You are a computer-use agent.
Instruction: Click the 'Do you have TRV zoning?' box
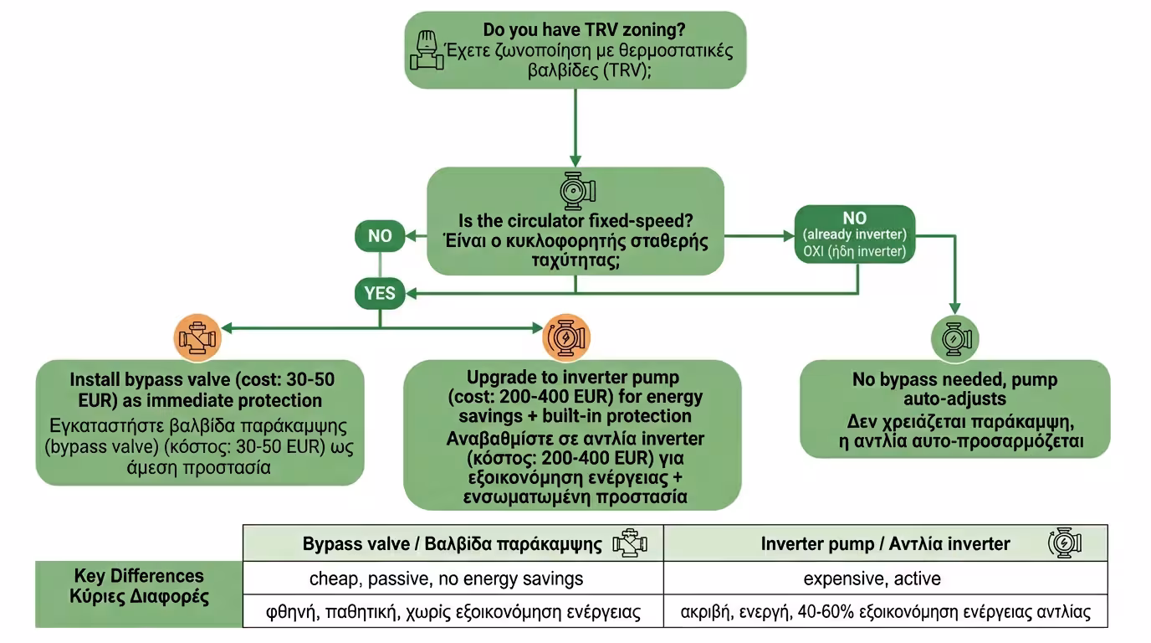(x=575, y=49)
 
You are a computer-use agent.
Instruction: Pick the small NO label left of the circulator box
(x=380, y=236)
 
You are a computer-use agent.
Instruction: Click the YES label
(x=380, y=293)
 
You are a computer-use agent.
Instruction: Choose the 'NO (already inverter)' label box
(x=855, y=234)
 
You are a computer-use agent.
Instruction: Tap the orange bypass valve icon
(x=197, y=337)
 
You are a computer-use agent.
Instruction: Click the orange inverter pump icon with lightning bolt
(x=567, y=337)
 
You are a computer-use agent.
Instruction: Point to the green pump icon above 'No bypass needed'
(x=954, y=339)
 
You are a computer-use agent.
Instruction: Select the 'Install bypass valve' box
(x=200, y=422)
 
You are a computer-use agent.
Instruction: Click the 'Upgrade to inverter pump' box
(x=573, y=435)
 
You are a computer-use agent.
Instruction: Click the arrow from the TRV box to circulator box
(x=575, y=126)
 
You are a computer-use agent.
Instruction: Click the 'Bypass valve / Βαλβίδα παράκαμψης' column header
(x=453, y=543)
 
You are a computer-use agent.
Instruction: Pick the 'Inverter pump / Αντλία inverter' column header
(x=885, y=543)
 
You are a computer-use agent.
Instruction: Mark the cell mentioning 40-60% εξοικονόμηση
(x=885, y=611)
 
